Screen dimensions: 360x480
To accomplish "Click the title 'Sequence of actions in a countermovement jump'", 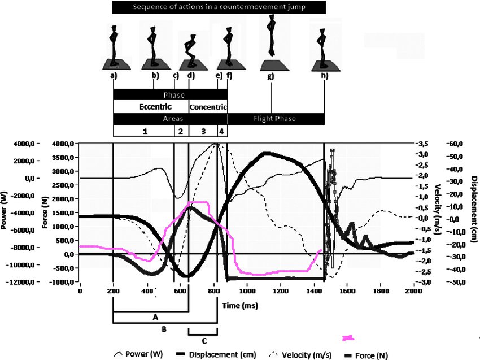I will point(219,7).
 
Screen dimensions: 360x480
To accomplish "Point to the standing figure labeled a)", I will point(115,47).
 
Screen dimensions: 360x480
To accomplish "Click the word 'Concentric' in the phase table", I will point(208,107).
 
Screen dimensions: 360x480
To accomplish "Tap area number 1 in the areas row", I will point(145,131).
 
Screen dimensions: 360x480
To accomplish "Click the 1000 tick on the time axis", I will point(247,291).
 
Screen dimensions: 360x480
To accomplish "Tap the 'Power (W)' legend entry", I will point(138,355).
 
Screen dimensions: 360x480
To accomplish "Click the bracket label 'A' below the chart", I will point(155,318).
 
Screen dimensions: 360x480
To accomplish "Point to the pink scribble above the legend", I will point(348,338).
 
